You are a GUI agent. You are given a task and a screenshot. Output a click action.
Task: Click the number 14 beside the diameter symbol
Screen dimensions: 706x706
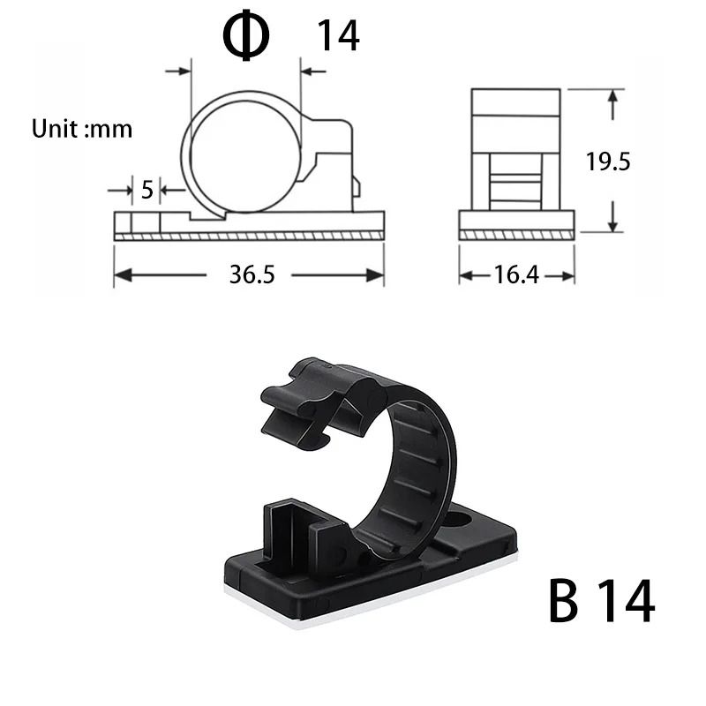click(x=338, y=36)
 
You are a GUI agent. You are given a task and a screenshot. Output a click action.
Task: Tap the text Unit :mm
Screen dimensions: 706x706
click(x=82, y=129)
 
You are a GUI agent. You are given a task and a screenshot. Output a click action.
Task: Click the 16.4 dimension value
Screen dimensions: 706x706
click(x=516, y=274)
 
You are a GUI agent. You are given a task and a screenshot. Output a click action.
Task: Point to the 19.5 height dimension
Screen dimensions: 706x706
click(x=608, y=161)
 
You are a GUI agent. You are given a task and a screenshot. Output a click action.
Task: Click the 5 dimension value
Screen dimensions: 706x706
click(x=146, y=189)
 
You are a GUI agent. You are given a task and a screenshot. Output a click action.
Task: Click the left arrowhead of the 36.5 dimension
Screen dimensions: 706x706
click(x=120, y=275)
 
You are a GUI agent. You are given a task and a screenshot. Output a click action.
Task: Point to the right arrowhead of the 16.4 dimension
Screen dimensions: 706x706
click(x=569, y=275)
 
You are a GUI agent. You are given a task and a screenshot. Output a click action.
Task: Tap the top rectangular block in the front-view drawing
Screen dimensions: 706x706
click(x=516, y=102)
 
